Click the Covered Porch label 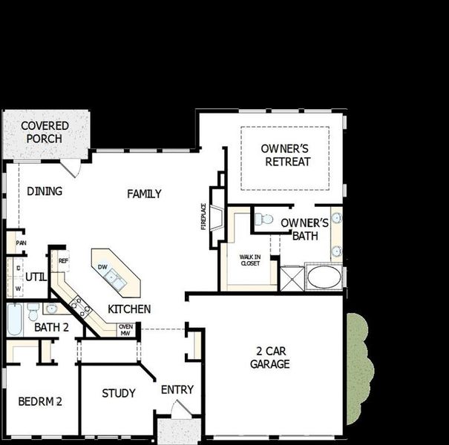(45, 132)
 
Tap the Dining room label (45, 191)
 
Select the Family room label (144, 194)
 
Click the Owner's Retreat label (286, 155)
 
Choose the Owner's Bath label (304, 229)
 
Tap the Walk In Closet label (249, 260)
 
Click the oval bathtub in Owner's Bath (324, 277)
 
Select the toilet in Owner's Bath (263, 220)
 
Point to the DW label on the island (104, 267)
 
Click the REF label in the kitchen (63, 261)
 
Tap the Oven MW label (125, 330)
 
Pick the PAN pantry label (21, 243)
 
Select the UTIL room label (36, 277)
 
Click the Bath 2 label (51, 327)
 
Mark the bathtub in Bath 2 (16, 320)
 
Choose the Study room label (119, 393)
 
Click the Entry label (177, 389)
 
